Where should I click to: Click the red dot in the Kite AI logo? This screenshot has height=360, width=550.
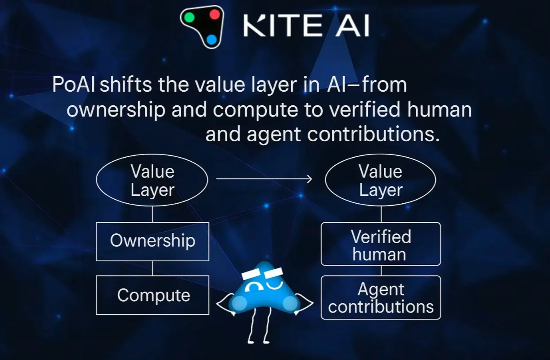tap(215, 14)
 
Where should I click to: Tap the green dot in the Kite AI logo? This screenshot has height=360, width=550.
tap(189, 18)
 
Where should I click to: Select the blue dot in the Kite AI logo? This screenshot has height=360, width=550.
tap(211, 40)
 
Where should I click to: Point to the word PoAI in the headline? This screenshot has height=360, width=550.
tap(74, 84)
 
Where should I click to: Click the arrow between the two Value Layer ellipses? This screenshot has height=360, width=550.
tap(264, 179)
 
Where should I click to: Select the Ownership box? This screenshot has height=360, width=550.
tap(152, 241)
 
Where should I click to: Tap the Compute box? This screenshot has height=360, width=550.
tap(152, 295)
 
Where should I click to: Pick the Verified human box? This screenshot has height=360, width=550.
tap(381, 244)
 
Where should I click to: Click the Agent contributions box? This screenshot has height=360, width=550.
tap(381, 298)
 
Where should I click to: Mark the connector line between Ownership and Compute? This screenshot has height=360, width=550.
tap(152, 268)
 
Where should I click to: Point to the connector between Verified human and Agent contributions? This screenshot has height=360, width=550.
tap(381, 271)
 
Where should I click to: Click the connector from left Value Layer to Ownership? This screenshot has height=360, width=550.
tap(152, 215)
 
